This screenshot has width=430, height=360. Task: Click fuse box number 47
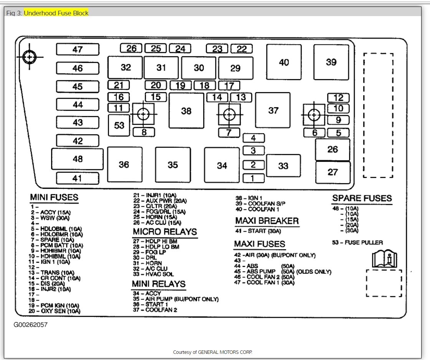[x=78, y=50]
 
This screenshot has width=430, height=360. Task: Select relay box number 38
[x=186, y=111]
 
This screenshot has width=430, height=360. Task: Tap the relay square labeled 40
[x=284, y=62]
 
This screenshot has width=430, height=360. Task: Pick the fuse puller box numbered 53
[x=119, y=126]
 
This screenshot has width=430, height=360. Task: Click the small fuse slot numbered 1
[x=253, y=178]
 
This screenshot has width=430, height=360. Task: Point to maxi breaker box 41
[x=78, y=178]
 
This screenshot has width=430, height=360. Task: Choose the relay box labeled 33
[x=283, y=166]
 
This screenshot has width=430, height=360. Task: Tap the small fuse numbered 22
[x=241, y=49]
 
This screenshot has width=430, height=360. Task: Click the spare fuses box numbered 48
[x=78, y=159]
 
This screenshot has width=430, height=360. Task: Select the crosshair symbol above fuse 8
[x=143, y=114]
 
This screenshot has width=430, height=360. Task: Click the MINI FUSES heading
[x=54, y=198]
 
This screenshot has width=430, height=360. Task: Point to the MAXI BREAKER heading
[x=266, y=221]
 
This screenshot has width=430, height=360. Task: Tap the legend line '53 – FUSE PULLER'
[x=357, y=243]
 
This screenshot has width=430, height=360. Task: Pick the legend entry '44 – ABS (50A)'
[x=265, y=266]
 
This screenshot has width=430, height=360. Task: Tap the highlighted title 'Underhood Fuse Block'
[x=56, y=13]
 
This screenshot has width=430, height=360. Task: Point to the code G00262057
[x=31, y=325]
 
